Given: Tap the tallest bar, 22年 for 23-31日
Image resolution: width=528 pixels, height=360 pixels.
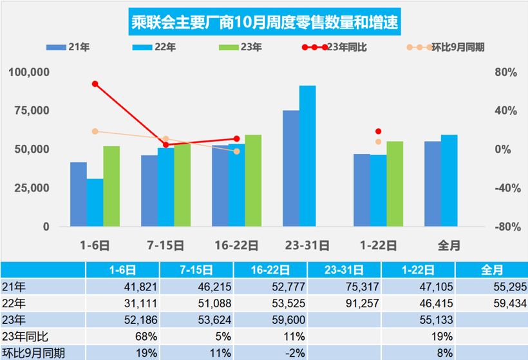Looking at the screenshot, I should [308, 156].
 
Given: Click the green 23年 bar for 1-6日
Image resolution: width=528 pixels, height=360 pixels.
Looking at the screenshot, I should [111, 186].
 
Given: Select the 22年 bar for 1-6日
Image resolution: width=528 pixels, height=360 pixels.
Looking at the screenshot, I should [95, 202].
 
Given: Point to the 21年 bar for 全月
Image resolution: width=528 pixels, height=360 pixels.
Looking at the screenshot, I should [433, 184].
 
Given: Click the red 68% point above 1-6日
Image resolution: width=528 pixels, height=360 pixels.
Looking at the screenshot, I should [95, 84].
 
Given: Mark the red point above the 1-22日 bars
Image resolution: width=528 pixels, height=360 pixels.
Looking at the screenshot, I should [378, 131].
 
